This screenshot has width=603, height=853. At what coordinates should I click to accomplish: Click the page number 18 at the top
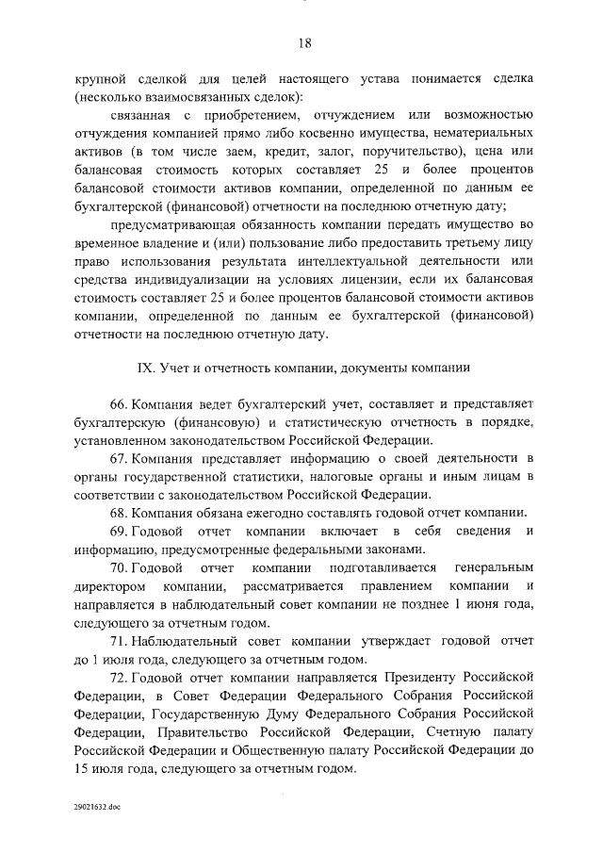[304, 42]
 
